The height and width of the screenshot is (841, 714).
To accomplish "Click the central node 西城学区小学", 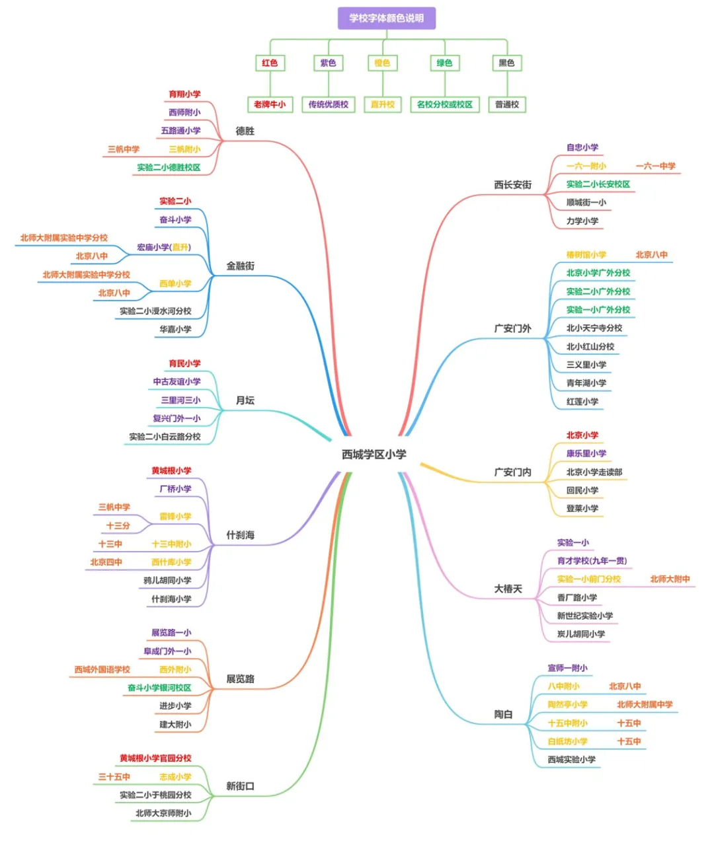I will point(374,455).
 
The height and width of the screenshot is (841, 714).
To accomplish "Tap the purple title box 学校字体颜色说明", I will point(387,18).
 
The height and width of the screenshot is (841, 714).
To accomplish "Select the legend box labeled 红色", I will point(270,63).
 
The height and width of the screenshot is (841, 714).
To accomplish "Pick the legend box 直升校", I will point(383,104).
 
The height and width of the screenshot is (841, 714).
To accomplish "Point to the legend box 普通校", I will point(507,104).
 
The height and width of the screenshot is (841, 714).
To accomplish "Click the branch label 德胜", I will point(245,131).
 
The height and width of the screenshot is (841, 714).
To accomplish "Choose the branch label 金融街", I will point(241,266).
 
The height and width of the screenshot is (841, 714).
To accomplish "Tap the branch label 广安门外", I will point(513,328).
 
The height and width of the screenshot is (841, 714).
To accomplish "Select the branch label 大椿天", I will point(508,589).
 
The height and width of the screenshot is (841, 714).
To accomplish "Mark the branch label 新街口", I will point(240,786).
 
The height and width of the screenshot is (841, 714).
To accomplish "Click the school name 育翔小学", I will point(184,94).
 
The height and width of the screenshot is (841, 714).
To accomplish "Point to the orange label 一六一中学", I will point(655,166).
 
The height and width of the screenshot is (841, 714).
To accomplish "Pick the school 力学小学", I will point(582,221).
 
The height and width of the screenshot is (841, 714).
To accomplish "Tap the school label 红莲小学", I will point(582,402).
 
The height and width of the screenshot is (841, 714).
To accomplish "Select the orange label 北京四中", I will point(106,562).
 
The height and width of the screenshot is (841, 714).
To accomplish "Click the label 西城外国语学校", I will point(102,670).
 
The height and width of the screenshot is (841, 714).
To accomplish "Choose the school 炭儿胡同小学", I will point(581,634).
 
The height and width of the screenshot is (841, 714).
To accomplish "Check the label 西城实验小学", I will point(572,760).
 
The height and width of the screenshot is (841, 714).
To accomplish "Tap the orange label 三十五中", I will point(114,777).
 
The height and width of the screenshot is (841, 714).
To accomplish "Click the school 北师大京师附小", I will point(164,813).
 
